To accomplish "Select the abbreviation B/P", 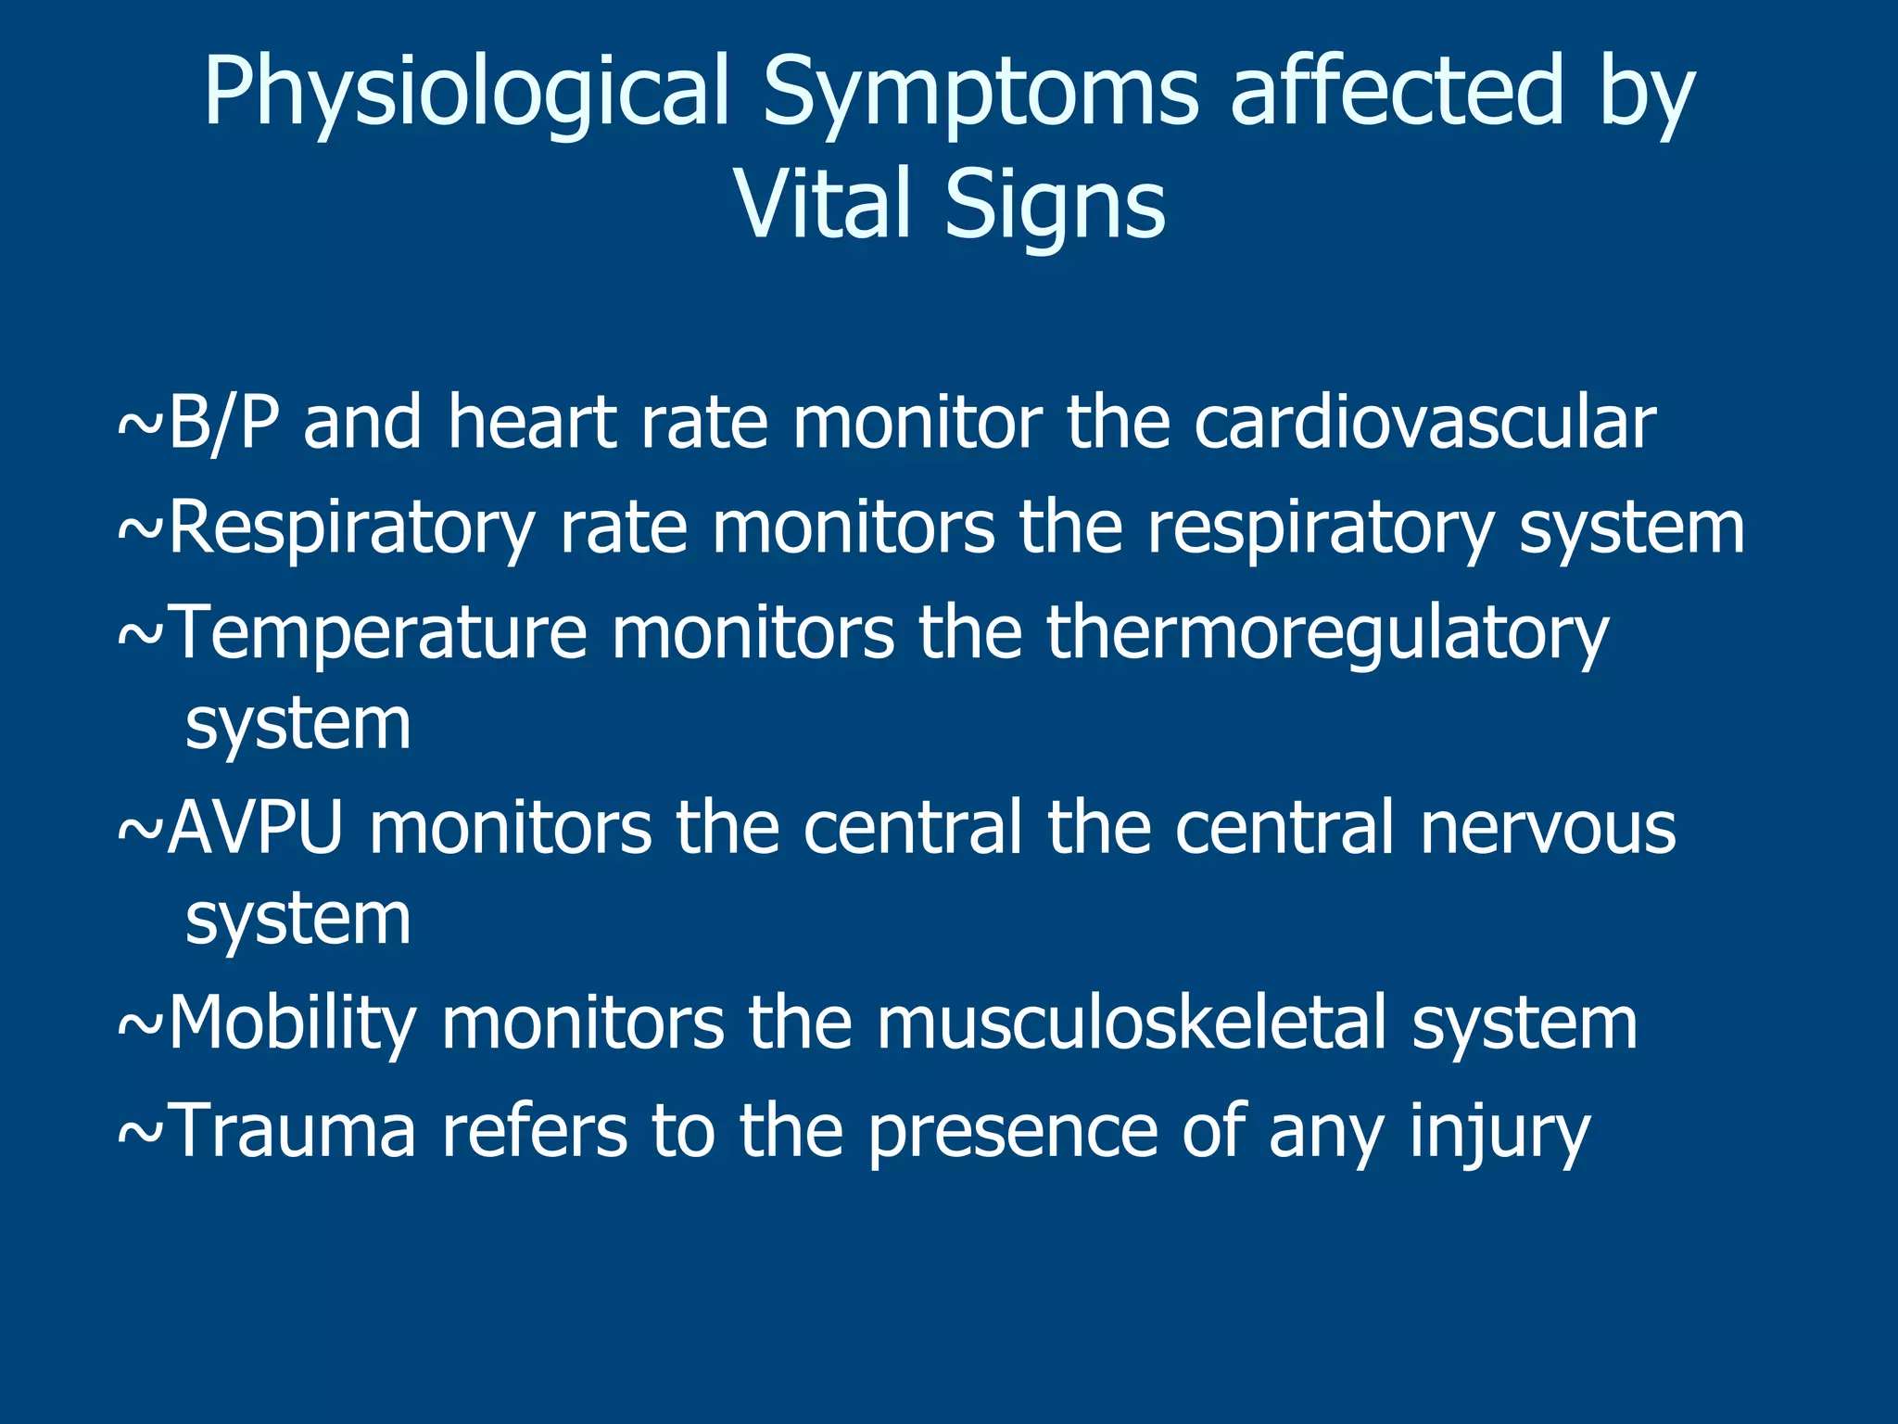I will pos(222,423).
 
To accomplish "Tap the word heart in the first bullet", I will pos(532,423).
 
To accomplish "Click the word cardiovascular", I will pos(1424,423).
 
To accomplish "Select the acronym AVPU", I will pos(256,827).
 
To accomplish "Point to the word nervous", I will pos(1548,827).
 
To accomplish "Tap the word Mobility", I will pos(293,1025).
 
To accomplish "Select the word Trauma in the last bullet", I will pos(294,1130).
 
